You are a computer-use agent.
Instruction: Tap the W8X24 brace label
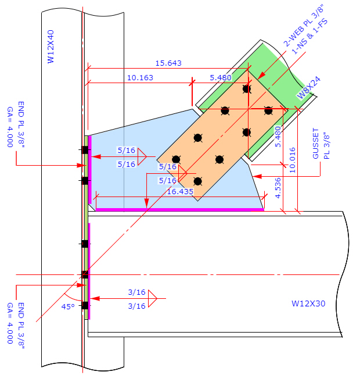[x=308, y=88]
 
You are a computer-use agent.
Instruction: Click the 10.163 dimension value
[x=140, y=77]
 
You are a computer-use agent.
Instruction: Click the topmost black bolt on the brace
[x=247, y=89]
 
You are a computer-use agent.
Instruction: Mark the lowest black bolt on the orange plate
[x=197, y=181]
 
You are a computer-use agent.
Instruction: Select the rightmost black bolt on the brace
[x=268, y=110]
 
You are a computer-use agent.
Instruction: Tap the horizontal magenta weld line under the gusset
[x=179, y=209]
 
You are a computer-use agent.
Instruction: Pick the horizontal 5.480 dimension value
[x=221, y=77]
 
